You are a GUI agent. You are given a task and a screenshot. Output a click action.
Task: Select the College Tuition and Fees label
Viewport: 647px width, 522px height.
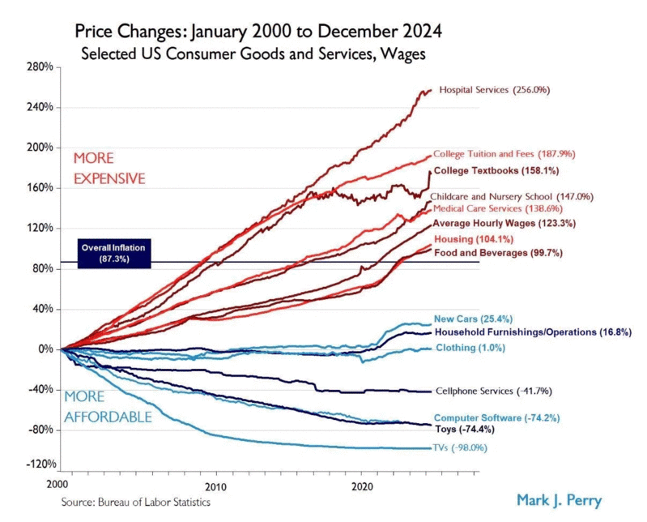click(493, 154)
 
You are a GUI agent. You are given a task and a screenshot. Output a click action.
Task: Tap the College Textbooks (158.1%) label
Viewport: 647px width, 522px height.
click(496, 171)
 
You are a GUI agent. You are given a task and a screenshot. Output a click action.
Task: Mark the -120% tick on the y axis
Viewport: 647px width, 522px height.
click(40, 465)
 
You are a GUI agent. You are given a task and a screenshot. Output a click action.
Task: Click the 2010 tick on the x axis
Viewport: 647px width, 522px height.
click(215, 487)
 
